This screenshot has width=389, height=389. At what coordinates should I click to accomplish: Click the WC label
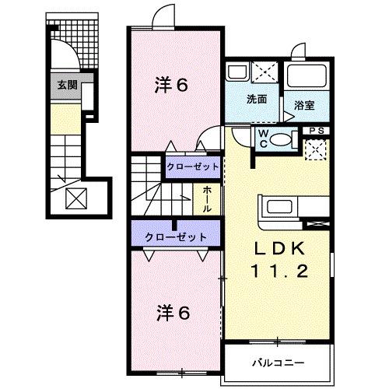coord(264,138)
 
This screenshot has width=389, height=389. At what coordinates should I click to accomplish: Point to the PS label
coord(317,131)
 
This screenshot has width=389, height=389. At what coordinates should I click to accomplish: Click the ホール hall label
coord(209,194)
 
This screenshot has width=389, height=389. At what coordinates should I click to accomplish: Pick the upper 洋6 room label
coord(171,86)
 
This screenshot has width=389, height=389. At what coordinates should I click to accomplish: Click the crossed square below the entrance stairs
coord(76,200)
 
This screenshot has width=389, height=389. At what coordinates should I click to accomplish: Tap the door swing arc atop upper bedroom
coord(161,16)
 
